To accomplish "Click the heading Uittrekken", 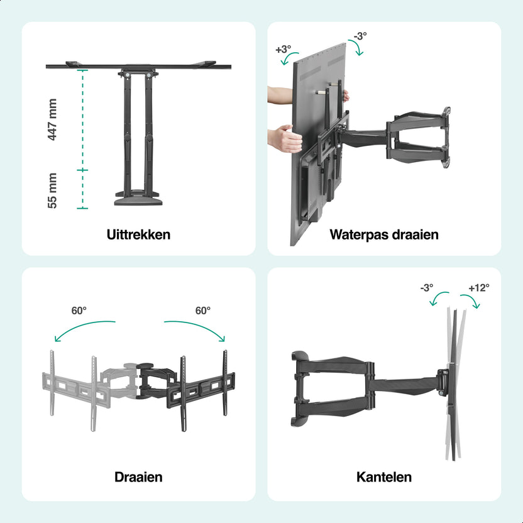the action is click(x=138, y=234).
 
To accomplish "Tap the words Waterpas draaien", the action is click(x=384, y=235).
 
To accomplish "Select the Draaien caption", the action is click(x=138, y=477).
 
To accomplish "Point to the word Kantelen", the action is click(x=384, y=477).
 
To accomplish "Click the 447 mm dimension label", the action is click(x=52, y=119).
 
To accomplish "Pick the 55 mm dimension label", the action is click(x=52, y=190).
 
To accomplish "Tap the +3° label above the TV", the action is click(x=283, y=50).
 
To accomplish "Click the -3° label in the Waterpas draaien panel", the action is click(x=360, y=36).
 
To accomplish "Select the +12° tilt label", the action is click(x=479, y=287).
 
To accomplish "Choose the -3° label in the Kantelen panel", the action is click(x=427, y=287).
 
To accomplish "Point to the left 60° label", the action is click(x=79, y=311).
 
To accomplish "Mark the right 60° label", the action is click(x=203, y=311).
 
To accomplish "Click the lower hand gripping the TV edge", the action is click(x=285, y=138).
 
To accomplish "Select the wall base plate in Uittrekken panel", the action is click(x=138, y=201).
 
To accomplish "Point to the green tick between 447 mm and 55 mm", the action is click(x=82, y=170).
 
